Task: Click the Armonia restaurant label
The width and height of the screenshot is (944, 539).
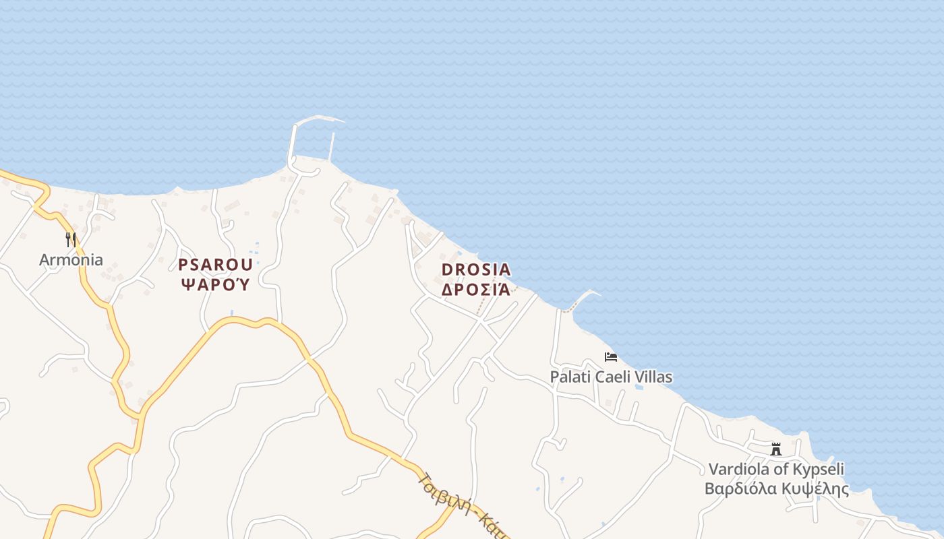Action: point(71,260)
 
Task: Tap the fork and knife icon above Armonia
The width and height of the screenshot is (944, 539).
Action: point(70,239)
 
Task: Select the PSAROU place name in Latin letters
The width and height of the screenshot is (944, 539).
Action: point(216,264)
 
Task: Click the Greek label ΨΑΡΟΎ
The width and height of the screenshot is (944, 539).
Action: point(216,284)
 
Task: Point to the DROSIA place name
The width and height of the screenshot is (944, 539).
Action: point(476,269)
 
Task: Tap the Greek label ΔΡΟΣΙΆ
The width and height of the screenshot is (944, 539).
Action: point(476,290)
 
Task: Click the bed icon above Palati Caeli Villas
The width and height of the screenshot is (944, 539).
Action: point(611,357)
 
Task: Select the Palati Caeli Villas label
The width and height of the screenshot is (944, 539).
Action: point(611,377)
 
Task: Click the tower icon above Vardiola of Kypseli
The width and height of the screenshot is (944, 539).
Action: point(776,449)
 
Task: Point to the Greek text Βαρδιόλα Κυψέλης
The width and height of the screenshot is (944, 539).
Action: point(776,488)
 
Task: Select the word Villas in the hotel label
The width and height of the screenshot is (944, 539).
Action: point(654,377)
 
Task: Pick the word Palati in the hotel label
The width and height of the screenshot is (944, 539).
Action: point(570,377)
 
